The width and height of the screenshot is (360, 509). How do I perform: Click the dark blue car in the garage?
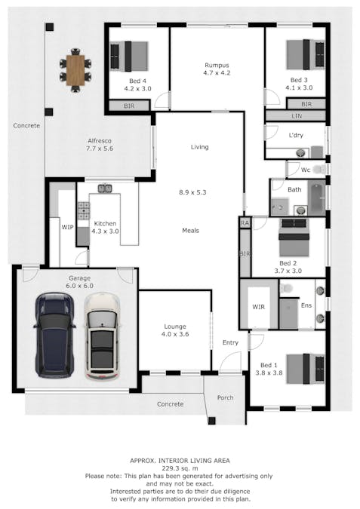coord(54,336)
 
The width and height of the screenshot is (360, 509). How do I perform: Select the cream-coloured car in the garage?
coord(102,336)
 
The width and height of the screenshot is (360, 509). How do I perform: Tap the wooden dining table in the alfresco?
coord(75,70)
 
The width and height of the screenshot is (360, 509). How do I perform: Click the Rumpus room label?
coord(217,66)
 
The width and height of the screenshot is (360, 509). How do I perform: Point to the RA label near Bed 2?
coord(245,222)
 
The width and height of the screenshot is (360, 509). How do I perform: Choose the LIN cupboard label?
coord(297,116)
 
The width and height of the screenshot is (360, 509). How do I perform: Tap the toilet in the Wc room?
coord(320,169)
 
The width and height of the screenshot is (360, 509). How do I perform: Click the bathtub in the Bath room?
coord(316,198)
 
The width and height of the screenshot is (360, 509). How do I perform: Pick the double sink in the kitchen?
coord(105,188)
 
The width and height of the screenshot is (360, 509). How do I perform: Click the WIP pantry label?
coord(68,227)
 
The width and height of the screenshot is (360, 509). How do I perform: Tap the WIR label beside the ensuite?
coord(259,307)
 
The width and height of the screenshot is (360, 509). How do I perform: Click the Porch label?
coord(225,397)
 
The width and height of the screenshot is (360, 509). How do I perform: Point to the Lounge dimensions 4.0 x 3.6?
coord(175,334)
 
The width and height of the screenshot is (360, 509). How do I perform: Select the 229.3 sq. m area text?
coord(180,468)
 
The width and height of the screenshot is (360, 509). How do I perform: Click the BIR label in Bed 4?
coord(129,106)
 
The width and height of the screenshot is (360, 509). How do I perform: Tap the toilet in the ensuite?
coord(286,287)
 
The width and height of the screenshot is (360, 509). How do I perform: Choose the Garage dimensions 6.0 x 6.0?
coord(79,286)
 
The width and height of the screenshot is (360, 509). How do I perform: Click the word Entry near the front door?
coord(230,342)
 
